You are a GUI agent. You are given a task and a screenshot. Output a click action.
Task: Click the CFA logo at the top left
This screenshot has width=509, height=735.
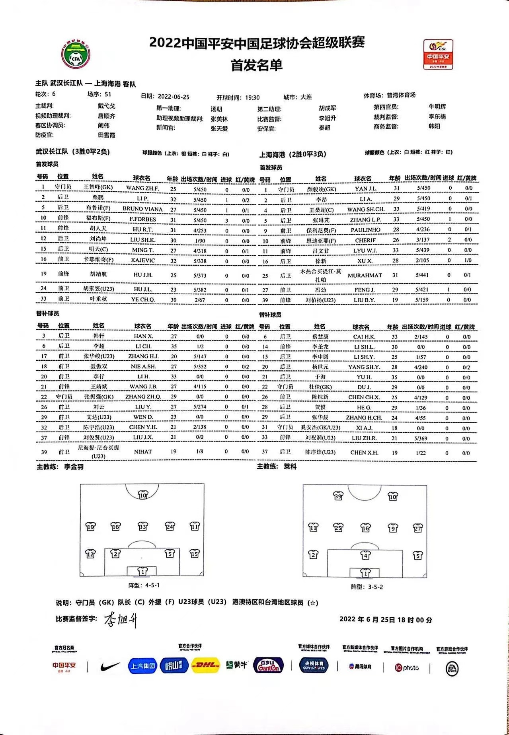(76, 54)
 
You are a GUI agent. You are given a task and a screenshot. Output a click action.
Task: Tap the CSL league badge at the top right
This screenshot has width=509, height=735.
(438, 54)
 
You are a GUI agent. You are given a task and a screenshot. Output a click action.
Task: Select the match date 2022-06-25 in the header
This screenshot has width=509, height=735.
(173, 97)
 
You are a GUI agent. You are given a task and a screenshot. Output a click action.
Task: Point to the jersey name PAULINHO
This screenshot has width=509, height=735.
(365, 230)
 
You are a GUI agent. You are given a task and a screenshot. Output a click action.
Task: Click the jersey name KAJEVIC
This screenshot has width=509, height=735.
(143, 260)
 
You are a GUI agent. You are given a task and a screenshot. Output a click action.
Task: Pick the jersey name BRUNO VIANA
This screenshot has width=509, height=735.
(142, 209)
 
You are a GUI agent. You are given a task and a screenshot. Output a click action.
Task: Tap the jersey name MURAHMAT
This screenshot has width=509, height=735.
(365, 275)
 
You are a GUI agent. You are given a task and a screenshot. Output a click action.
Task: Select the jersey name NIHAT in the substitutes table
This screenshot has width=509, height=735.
(142, 451)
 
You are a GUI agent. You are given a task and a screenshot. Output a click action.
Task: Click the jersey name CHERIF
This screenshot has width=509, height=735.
(365, 240)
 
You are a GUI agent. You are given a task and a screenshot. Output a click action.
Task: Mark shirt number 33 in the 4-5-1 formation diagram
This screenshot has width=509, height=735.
(143, 526)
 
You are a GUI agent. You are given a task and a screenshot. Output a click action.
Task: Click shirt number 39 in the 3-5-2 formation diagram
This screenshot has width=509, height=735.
(338, 496)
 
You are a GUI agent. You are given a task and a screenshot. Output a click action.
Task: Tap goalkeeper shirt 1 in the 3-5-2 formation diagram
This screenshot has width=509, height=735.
(365, 573)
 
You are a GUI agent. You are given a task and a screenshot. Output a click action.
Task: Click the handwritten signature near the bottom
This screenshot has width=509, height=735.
(121, 619)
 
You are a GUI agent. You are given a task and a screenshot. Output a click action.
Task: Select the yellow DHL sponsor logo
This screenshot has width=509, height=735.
(205, 665)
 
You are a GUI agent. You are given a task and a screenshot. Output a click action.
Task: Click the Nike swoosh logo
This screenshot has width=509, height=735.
(110, 665)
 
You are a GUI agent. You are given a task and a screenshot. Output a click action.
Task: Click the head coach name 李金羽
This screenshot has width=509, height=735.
(74, 467)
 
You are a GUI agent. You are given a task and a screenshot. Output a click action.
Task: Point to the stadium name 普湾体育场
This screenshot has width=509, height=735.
(401, 95)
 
